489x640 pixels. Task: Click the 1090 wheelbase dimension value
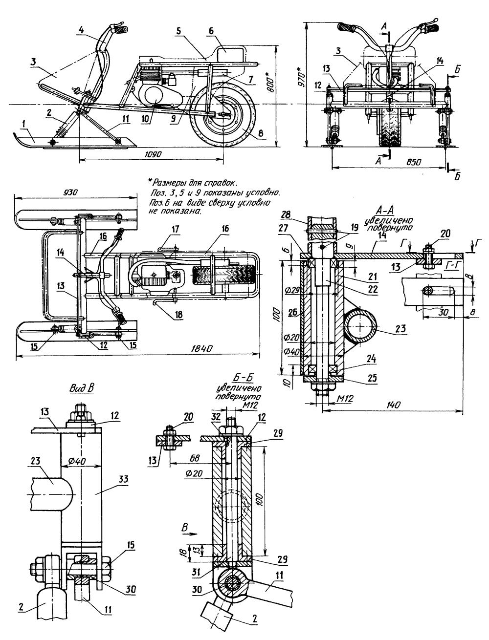click(x=153, y=154)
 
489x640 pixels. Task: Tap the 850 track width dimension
click(x=414, y=162)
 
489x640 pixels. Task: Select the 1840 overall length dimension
click(x=202, y=348)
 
